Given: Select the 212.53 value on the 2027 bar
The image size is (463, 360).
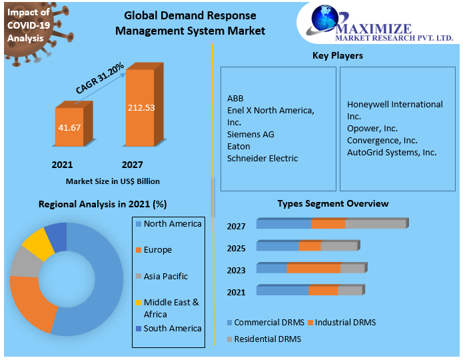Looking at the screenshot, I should (141, 107).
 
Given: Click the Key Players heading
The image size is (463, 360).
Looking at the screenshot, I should (338, 55).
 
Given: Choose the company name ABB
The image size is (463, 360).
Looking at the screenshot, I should (235, 98).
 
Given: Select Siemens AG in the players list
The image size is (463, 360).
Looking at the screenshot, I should (250, 134).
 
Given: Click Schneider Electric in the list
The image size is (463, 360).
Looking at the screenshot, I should (262, 158).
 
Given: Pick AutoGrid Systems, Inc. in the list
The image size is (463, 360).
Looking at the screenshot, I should (392, 152).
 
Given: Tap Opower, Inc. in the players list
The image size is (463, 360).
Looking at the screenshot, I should (372, 128).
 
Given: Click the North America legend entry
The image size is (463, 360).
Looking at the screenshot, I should (172, 224).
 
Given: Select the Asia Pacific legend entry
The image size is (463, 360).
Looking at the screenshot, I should (165, 276).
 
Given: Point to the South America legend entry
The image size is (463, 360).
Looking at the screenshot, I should (172, 328).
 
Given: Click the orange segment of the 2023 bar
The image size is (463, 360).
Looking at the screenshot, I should (313, 269).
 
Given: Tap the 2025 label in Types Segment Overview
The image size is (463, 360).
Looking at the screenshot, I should (236, 248).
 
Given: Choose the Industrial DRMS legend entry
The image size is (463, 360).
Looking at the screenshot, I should (345, 323).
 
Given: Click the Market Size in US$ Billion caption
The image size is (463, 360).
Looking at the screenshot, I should (113, 181).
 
